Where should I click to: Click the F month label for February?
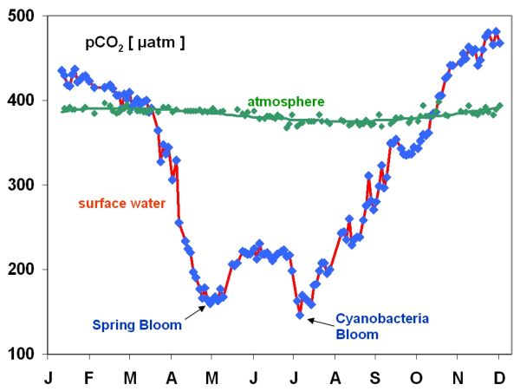88,379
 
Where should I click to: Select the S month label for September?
374,379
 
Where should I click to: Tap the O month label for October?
415,379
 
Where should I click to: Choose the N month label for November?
457,379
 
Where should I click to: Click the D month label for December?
498,379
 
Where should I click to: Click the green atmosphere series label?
280,102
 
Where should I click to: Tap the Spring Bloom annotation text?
137,325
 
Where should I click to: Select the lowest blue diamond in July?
300,316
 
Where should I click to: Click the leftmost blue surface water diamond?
62,70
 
